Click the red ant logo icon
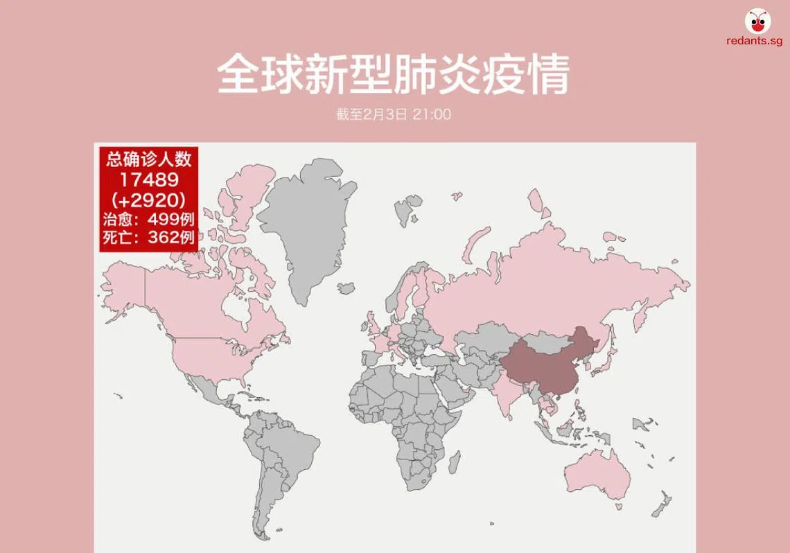pos(756,20)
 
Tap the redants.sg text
pos(755,42)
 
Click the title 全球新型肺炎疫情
pos(394,73)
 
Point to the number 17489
pos(149,179)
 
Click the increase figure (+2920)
pos(149,200)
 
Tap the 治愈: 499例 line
pos(149,220)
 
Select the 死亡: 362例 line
pos(149,238)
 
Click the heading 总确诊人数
pos(149,159)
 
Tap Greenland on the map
pos(305,222)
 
